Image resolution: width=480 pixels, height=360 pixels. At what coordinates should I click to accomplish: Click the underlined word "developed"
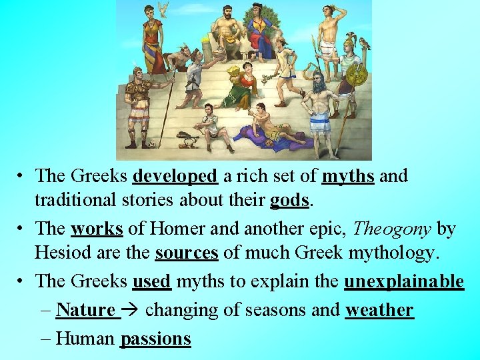pyautogui.click(x=175, y=177)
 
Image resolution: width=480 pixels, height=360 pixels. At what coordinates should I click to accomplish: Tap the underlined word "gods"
pyautogui.click(x=289, y=201)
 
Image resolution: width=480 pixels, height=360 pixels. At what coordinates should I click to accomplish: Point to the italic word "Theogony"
pyautogui.click(x=393, y=229)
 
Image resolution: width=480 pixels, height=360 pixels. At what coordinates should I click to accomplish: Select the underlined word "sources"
pyautogui.click(x=187, y=253)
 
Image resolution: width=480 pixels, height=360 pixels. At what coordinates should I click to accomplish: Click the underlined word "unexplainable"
pyautogui.click(x=403, y=281)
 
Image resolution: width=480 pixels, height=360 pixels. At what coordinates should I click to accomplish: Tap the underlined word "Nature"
pyautogui.click(x=86, y=310)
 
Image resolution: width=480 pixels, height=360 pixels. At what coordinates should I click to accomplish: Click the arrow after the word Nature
pyautogui.click(x=132, y=310)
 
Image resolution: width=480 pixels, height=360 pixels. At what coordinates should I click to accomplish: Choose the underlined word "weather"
pyautogui.click(x=379, y=310)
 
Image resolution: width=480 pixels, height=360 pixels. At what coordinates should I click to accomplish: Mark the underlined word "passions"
pyautogui.click(x=155, y=339)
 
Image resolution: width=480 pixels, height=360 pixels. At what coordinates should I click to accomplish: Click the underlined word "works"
pyautogui.click(x=97, y=229)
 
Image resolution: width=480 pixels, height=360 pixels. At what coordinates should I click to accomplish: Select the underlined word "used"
pyautogui.click(x=152, y=281)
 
